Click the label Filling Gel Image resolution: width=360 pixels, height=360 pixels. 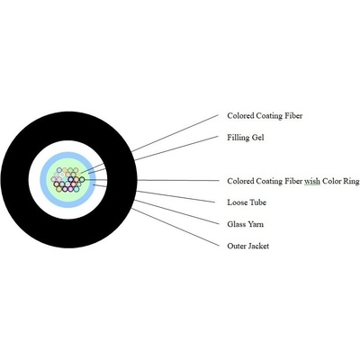[x=246, y=138]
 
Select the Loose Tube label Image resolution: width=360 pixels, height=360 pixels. [x=247, y=202]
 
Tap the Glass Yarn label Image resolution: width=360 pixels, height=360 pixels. [x=246, y=224]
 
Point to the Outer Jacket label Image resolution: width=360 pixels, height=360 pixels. [x=248, y=247]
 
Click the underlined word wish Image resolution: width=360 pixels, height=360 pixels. [x=312, y=181]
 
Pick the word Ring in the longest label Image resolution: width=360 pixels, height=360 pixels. [x=350, y=181]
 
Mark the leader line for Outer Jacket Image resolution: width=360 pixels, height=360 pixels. [x=175, y=228]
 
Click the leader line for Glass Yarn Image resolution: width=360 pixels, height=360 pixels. [x=176, y=211]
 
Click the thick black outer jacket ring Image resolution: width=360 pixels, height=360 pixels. [x=68, y=126]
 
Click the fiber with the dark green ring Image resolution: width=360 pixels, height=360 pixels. [x=82, y=180]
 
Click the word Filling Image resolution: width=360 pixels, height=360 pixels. [x=238, y=138]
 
